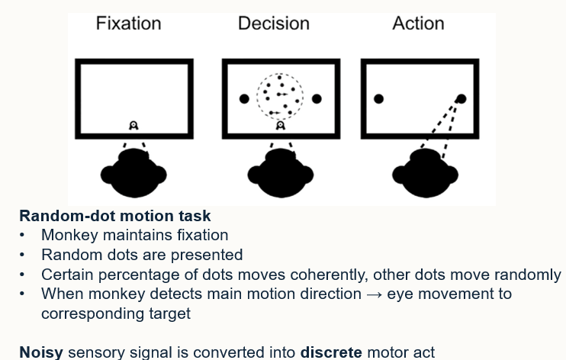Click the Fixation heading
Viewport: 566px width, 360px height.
pyautogui.click(x=128, y=24)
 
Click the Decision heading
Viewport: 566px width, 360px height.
pyautogui.click(x=273, y=24)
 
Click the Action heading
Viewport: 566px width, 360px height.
pyautogui.click(x=418, y=24)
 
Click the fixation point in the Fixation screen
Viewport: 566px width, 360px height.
pyautogui.click(x=133, y=125)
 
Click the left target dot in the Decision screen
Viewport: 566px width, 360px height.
pyautogui.click(x=244, y=98)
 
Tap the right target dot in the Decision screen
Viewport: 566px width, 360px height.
pyautogui.click(x=317, y=98)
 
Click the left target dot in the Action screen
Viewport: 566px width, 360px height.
pyautogui.click(x=378, y=98)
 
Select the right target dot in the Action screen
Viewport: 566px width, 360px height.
pyautogui.click(x=461, y=98)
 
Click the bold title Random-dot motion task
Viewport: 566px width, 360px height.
pyautogui.click(x=114, y=216)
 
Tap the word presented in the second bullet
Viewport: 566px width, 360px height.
pyautogui.click(x=208, y=255)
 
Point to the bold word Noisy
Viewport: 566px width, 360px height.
pyautogui.click(x=41, y=352)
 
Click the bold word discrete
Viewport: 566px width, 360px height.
pyautogui.click(x=330, y=352)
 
